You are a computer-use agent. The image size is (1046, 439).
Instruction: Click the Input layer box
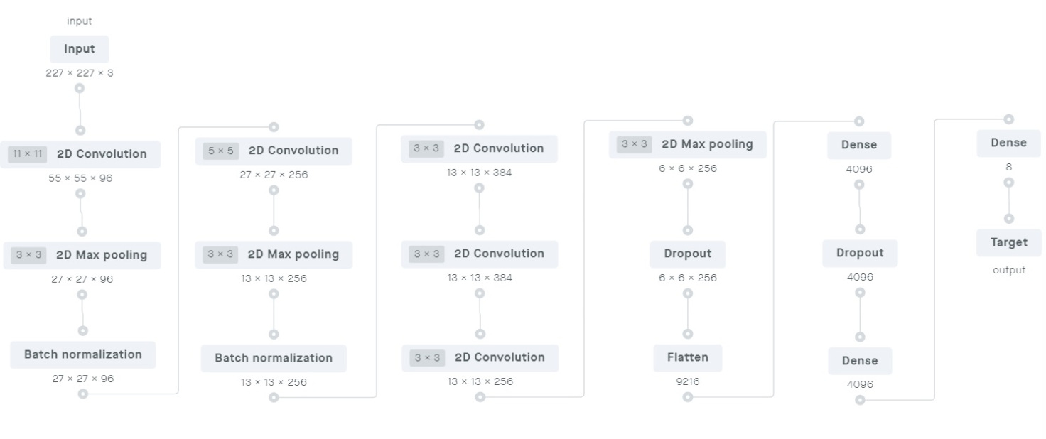click(80, 49)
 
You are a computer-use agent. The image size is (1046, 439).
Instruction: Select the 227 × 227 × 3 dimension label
click(80, 73)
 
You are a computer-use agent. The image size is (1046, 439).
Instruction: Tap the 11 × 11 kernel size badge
click(28, 153)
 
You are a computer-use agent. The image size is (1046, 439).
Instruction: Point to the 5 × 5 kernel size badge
click(220, 151)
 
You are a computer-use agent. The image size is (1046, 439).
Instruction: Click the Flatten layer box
click(688, 358)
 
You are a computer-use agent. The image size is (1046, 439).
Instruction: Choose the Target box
click(1009, 242)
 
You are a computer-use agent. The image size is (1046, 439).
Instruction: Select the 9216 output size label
click(688, 381)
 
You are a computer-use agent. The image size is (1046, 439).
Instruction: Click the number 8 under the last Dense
click(1008, 167)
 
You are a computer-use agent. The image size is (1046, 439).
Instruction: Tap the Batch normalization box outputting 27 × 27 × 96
click(83, 354)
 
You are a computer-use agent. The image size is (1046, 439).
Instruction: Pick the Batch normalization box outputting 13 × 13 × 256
click(274, 358)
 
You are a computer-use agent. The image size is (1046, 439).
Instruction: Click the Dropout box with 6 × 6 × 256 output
click(688, 254)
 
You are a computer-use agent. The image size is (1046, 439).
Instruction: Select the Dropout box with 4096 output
click(860, 253)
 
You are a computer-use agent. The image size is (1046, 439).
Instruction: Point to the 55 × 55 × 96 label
click(80, 178)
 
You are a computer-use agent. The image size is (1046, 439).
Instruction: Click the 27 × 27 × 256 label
click(274, 175)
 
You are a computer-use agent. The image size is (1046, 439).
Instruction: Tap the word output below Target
click(1009, 270)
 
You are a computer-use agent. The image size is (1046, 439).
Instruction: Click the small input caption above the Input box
click(80, 21)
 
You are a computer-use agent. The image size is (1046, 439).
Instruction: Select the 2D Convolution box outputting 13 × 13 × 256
click(480, 358)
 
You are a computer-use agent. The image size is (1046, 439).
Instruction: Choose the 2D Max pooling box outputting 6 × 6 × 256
click(688, 145)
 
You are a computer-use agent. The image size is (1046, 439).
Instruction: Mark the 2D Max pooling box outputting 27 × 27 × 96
click(82, 255)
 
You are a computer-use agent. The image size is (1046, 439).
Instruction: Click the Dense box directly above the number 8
click(1008, 143)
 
